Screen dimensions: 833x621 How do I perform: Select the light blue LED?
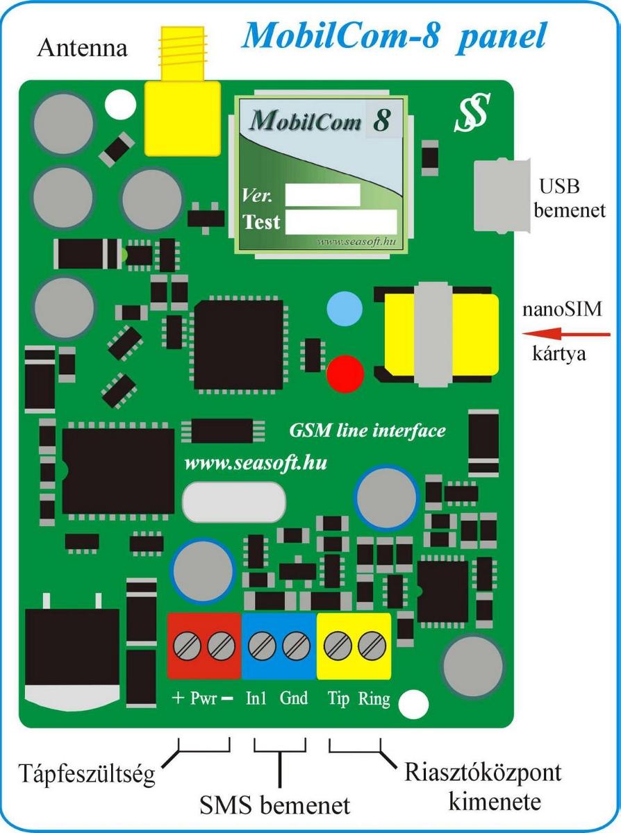(x=345, y=307)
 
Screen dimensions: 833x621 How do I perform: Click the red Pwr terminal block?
(x=204, y=646)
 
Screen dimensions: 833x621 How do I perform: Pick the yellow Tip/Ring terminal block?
(x=354, y=646)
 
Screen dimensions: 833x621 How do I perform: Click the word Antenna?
(x=82, y=49)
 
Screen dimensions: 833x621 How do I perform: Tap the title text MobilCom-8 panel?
(x=394, y=35)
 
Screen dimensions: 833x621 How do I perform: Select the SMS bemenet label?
(x=275, y=806)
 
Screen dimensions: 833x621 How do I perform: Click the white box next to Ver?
(x=322, y=194)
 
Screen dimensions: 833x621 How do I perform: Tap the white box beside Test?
(x=340, y=222)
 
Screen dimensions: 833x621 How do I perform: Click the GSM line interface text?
(x=367, y=430)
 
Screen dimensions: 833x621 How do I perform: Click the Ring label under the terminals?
(x=374, y=698)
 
